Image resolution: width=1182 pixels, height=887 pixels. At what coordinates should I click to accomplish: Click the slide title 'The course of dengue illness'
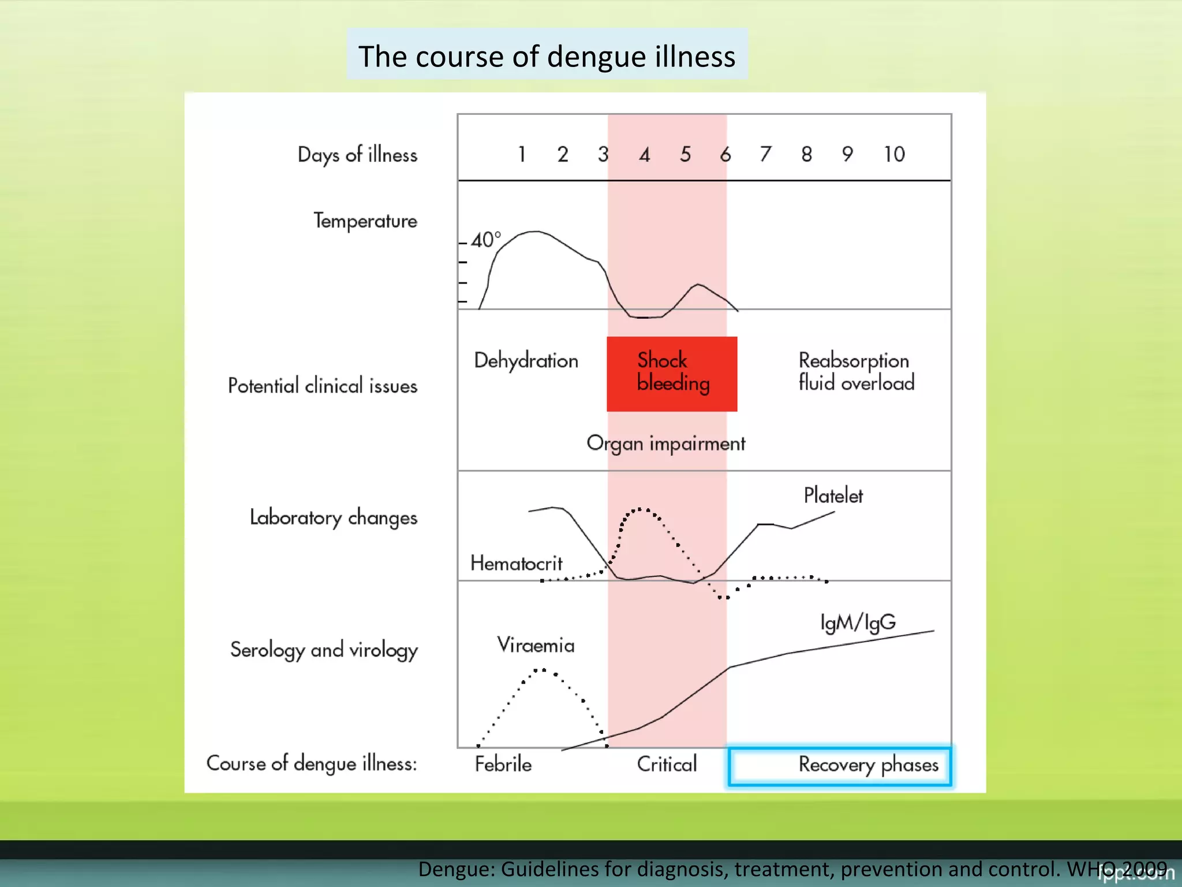(547, 56)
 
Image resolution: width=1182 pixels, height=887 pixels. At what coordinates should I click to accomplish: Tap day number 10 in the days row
(894, 154)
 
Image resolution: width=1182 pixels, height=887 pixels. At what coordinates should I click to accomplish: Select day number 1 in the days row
(522, 154)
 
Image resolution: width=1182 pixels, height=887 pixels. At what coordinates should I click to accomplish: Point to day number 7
(765, 154)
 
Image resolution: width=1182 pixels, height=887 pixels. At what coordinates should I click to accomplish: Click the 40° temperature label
(485, 240)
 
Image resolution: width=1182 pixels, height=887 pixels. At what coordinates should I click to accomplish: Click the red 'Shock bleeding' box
(672, 373)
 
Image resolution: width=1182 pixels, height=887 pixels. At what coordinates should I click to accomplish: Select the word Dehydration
(526, 360)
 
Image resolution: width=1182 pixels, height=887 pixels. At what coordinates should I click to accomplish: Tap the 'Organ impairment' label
(665, 443)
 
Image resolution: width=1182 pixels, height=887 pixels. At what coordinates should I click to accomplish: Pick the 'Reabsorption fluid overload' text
(856, 371)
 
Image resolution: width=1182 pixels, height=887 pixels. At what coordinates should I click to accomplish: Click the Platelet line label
(833, 495)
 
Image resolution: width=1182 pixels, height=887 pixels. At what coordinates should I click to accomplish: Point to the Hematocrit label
(516, 563)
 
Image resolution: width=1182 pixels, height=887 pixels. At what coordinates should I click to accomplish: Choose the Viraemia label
(536, 645)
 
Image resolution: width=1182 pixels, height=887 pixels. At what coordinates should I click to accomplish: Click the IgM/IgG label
(858, 622)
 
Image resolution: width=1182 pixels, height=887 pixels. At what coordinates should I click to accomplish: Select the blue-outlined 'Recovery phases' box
(840, 766)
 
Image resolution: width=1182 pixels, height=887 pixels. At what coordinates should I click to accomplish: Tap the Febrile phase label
(503, 765)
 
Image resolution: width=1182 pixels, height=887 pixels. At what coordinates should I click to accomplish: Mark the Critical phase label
(667, 765)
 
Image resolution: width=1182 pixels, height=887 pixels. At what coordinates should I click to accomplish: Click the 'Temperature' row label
(365, 221)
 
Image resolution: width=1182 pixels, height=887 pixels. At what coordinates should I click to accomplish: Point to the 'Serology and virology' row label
(324, 650)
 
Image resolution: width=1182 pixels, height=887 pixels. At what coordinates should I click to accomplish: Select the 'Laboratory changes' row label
(333, 517)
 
